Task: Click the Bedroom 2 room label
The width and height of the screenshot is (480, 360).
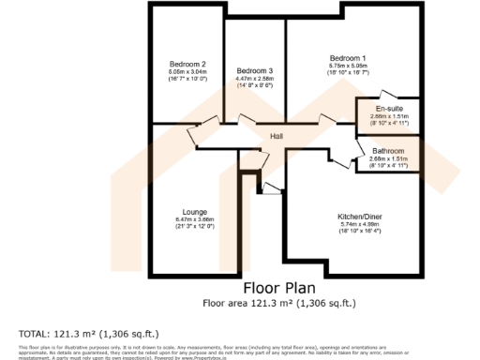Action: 187,64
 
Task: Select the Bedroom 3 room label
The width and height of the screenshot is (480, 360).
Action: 254,71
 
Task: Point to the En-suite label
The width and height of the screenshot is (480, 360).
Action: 387,109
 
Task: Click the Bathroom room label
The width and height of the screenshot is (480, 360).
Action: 387,151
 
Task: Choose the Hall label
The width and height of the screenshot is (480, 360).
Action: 277,137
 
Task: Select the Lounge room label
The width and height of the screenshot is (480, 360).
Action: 195,212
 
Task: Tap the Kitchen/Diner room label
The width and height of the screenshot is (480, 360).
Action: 359,217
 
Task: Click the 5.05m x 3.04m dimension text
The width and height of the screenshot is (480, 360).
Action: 187,72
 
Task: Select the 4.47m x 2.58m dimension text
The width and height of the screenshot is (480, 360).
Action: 254,80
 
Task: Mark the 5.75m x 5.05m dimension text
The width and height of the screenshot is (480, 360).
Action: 348,66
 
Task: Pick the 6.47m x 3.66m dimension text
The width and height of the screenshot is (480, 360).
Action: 195,219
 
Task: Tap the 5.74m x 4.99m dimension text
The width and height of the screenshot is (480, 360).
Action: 359,224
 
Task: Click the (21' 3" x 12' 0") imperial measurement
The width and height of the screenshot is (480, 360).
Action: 195,227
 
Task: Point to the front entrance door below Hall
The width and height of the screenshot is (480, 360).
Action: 272,187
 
